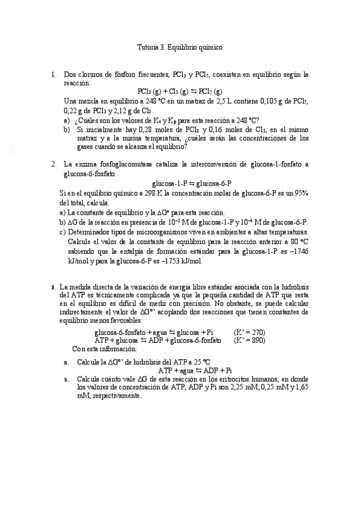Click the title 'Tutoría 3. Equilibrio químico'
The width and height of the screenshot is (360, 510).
point(180,46)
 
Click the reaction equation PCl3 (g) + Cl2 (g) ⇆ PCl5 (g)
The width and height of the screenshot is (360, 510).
point(180,91)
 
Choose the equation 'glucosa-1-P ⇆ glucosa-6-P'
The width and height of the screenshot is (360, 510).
point(192,183)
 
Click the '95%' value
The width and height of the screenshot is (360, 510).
point(301,192)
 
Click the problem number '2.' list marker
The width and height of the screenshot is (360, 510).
point(53,164)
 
